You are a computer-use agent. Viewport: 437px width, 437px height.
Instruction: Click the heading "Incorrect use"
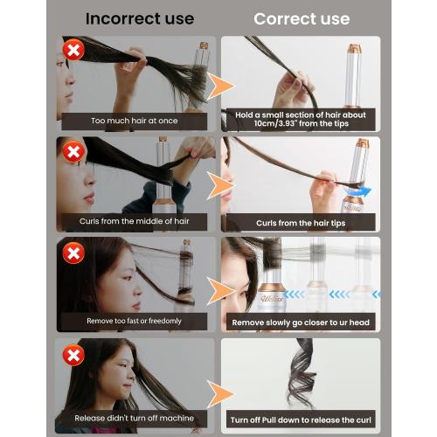(140, 18)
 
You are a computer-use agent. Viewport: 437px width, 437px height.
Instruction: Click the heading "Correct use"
(302, 18)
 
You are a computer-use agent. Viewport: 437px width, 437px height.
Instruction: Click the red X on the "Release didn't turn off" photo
(73, 357)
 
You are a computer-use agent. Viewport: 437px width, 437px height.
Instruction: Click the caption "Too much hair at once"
(134, 121)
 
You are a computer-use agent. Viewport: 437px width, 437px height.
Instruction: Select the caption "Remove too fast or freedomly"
(134, 322)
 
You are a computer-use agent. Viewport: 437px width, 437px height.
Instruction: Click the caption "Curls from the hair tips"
(302, 223)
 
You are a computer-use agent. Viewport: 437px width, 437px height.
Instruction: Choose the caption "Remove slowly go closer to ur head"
(302, 323)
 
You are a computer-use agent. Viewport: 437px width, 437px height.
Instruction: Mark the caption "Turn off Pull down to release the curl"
(302, 421)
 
